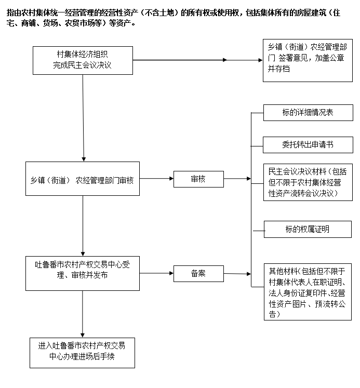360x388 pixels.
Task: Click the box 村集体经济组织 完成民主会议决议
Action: (83, 60)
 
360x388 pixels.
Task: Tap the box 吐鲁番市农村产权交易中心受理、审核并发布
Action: (83, 272)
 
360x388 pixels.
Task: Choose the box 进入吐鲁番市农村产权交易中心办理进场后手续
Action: (83, 353)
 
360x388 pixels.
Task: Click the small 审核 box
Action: (198, 179)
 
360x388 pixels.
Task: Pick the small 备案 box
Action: (198, 273)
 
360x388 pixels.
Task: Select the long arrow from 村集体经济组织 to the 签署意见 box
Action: (197, 60)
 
